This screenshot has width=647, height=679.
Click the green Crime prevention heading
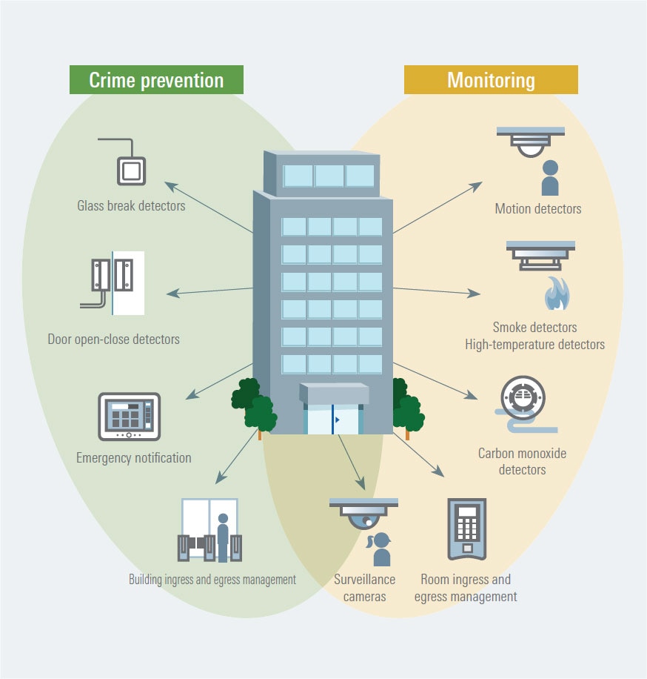click(156, 80)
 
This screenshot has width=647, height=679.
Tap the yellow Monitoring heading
click(490, 80)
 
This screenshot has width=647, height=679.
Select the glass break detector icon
click(130, 170)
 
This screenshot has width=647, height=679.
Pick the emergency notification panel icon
click(129, 417)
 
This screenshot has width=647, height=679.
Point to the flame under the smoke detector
click(557, 294)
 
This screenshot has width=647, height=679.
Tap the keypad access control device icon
click(466, 528)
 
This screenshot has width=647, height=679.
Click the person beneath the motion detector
click(550, 178)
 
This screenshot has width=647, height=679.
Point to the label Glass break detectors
click(131, 205)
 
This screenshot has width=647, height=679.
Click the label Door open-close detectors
click(113, 339)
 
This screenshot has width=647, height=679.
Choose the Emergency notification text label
click(133, 458)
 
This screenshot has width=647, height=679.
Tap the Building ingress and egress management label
click(212, 580)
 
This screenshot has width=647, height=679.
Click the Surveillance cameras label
click(364, 588)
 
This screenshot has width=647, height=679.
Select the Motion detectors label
click(538, 209)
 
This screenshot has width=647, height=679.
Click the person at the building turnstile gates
click(223, 533)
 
